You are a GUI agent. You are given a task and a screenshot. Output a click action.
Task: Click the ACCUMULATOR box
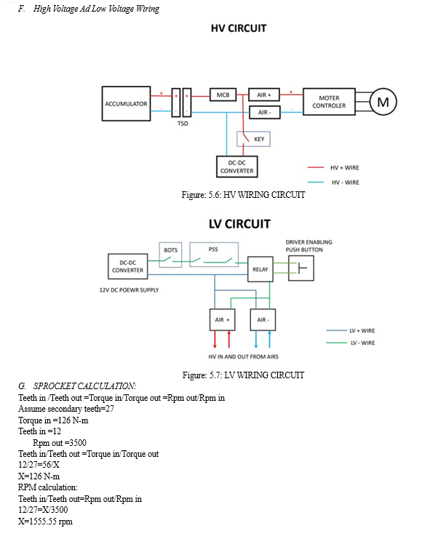coord(126,103)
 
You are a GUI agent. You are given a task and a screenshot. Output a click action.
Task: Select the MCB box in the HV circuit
coord(223,95)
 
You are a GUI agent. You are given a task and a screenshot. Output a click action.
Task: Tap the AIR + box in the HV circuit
coord(263,95)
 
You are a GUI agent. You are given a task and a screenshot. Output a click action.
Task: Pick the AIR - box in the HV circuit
coord(264,112)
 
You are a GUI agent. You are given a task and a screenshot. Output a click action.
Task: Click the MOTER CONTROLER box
coord(329,102)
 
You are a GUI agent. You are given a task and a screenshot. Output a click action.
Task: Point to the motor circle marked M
coord(383,102)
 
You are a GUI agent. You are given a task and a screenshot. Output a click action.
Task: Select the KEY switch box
coord(253,139)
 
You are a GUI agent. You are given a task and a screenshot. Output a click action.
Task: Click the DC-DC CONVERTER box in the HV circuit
coord(237,167)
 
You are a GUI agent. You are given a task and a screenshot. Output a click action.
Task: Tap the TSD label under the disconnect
coord(183,124)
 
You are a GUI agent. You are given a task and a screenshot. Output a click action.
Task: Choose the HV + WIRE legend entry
coord(333,168)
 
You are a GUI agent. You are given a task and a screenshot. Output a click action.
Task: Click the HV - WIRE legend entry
coord(333,183)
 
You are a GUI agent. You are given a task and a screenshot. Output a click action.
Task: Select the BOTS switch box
coord(170,255)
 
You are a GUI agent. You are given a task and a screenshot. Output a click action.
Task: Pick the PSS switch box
coord(214,255)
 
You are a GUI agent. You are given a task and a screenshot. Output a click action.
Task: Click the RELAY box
coord(261,269)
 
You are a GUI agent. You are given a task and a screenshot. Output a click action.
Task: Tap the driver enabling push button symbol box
coord(301,268)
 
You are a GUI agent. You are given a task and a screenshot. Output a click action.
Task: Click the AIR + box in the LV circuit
coord(222,319)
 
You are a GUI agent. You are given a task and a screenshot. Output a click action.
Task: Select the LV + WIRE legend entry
coord(350,330)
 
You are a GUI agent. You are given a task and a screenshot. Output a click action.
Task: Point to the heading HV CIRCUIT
coord(239,28)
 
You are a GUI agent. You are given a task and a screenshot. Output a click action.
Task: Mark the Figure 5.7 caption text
coord(243,375)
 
